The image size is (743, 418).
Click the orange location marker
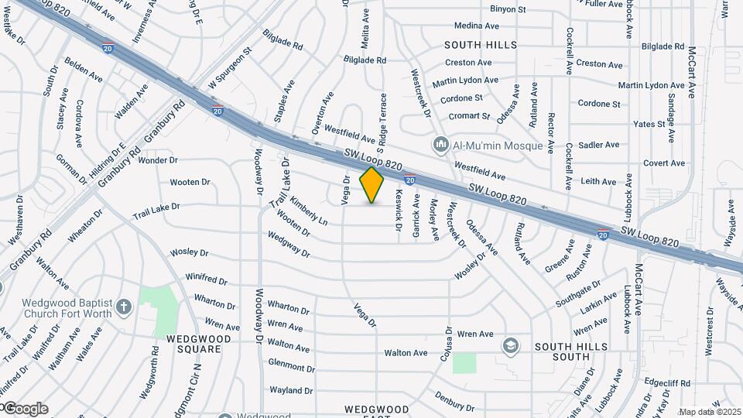372,184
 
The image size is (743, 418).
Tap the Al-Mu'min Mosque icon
441,145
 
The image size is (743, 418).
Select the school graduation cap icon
510,345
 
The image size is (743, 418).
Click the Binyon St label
508,9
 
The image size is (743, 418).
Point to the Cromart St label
470,116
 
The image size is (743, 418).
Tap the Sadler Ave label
600,145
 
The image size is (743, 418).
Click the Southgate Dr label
577,293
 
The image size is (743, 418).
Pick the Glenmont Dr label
289,363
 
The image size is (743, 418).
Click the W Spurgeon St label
230,69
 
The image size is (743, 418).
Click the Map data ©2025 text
710,412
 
